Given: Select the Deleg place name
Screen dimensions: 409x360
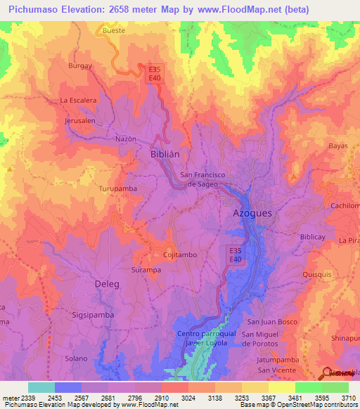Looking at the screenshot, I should [x=107, y=284].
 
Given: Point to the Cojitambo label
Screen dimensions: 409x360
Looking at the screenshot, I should [x=179, y=255].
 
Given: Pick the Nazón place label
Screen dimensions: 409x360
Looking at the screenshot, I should [x=126, y=139].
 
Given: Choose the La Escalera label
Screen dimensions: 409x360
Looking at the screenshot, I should [x=78, y=100].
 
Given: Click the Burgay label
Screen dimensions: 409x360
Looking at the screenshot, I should [x=80, y=65].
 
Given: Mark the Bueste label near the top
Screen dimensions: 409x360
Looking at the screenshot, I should [x=114, y=31].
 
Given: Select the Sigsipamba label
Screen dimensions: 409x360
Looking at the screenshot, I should [x=93, y=315].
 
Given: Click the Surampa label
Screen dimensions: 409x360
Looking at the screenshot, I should [x=147, y=269].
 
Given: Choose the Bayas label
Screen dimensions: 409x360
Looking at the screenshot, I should [x=338, y=146].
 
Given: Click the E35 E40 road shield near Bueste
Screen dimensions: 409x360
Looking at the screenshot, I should [x=155, y=74].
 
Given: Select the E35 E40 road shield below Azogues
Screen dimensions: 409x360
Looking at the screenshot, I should [x=236, y=254].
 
